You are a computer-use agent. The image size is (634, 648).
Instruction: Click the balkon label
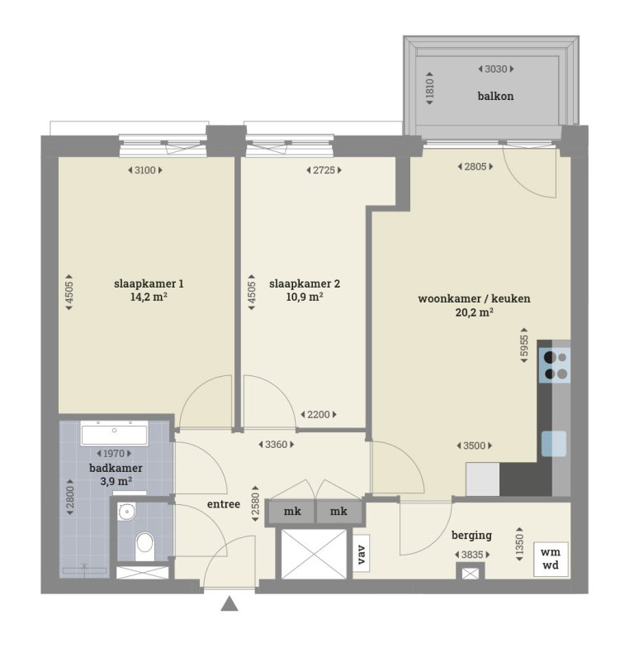pyautogui.click(x=495, y=96)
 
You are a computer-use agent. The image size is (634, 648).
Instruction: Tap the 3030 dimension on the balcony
pyautogui.click(x=495, y=69)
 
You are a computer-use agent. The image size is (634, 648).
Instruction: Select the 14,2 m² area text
pyautogui.click(x=149, y=298)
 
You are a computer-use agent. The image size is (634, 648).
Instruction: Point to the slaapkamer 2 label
pyautogui.click(x=305, y=283)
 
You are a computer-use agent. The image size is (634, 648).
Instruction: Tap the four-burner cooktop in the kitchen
pyautogui.click(x=555, y=365)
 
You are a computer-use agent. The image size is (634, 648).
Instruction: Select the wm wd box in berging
pyautogui.click(x=549, y=560)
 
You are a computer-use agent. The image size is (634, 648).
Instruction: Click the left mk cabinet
pyautogui.click(x=292, y=512)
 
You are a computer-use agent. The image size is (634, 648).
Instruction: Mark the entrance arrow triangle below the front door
pyautogui.click(x=229, y=605)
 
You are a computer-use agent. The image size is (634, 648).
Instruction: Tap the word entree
pyautogui.click(x=223, y=503)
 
